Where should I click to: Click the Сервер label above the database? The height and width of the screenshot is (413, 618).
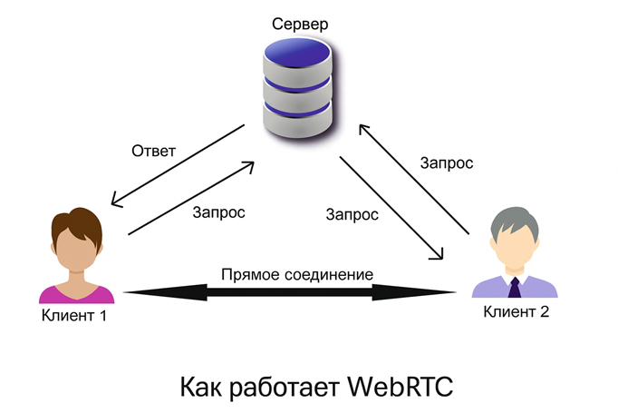298,22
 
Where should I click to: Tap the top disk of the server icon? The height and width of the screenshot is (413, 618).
297,60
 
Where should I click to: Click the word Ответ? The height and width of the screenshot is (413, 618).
153,150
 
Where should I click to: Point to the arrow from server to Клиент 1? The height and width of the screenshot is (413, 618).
177,164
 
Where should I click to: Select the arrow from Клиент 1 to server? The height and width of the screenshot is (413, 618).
189,198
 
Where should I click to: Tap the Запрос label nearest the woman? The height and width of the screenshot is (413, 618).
219,212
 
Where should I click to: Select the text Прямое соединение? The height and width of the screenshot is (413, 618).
297,274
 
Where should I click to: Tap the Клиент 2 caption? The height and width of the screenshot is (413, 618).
516,312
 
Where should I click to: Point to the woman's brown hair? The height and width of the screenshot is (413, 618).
74,221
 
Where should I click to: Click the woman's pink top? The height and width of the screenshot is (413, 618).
77,292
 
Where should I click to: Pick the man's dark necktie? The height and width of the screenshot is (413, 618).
515,289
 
